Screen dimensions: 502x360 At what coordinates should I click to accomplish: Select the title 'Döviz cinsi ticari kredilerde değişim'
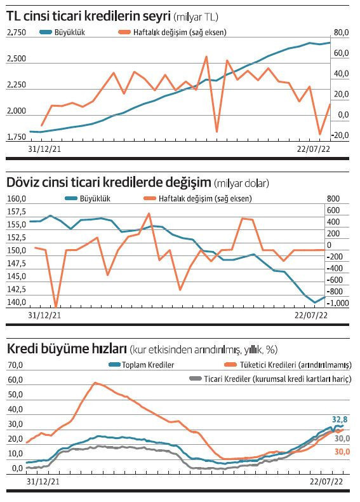click(109, 183)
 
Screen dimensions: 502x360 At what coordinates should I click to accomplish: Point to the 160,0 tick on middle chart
click(17, 199)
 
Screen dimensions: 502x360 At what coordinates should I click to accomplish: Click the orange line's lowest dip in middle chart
click(56, 307)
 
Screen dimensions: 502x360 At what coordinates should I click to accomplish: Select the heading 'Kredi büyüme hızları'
click(66, 349)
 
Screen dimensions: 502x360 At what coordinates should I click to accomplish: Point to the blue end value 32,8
click(341, 419)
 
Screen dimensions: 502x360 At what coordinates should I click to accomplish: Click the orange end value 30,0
click(342, 451)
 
